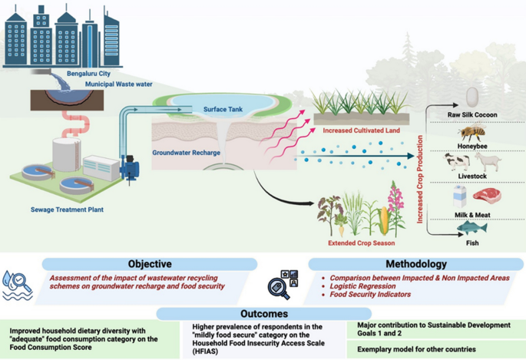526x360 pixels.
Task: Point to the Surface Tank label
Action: pos(223,110)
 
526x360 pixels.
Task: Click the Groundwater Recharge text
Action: pos(187,153)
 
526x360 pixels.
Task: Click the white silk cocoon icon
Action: pos(472,96)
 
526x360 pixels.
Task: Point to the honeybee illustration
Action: pos(471,133)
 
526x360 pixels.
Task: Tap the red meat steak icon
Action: pos(486,197)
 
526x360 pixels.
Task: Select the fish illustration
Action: pos(471,228)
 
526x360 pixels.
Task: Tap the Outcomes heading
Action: pos(261,313)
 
